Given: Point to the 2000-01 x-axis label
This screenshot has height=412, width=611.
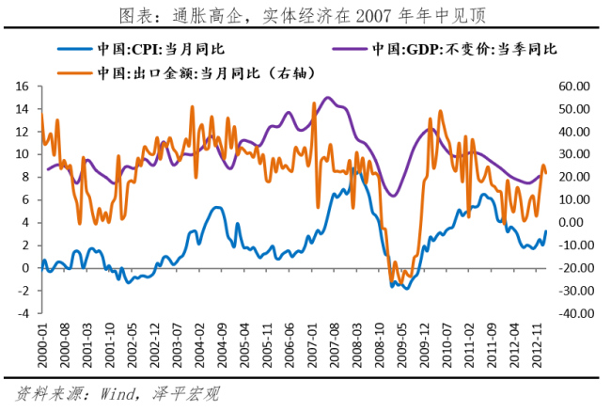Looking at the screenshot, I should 42,345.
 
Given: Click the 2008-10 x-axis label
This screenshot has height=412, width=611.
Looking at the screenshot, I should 376,345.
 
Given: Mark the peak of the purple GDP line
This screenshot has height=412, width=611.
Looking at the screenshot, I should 326,97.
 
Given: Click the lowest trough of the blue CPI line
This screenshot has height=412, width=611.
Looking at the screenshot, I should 406,288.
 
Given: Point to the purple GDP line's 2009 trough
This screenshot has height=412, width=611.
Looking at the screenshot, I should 395,196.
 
